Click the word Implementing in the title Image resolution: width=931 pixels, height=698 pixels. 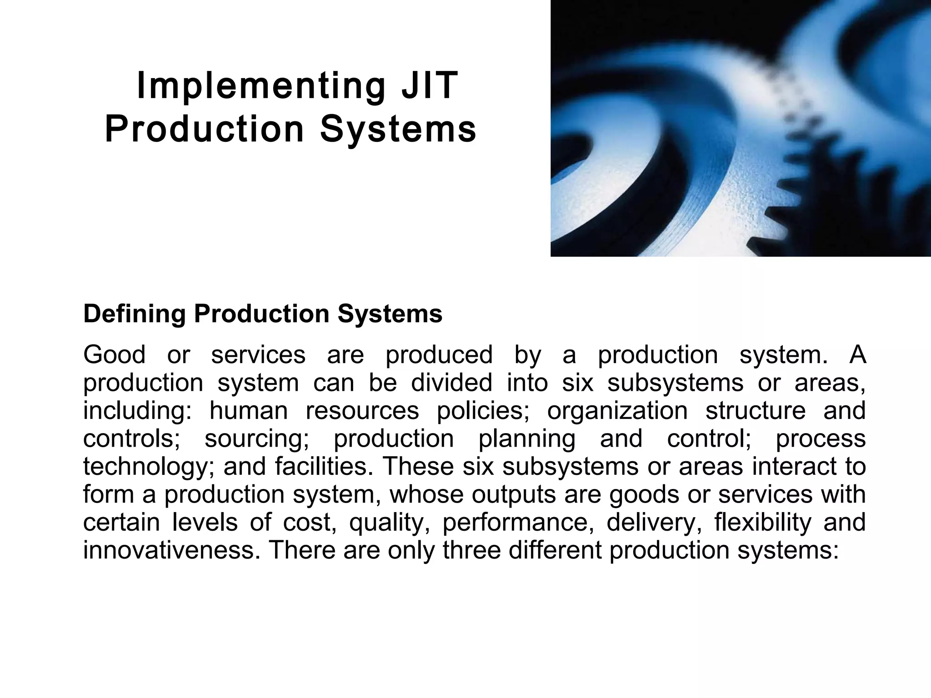click(x=261, y=86)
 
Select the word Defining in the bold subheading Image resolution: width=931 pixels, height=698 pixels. click(x=135, y=314)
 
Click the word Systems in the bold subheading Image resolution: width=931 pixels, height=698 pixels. click(x=390, y=314)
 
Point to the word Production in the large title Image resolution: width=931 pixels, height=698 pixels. click(x=204, y=129)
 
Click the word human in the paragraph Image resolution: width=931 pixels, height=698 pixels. click(x=248, y=411)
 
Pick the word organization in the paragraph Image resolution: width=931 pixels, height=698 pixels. click(x=617, y=411)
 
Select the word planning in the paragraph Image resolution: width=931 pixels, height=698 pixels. click(x=526, y=439)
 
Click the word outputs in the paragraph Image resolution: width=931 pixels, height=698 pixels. click(x=514, y=494)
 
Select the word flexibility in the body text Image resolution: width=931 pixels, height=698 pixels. click(x=762, y=523)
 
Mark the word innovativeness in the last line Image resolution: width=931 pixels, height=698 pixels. click(x=172, y=550)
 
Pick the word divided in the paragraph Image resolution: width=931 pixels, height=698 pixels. click(x=451, y=383)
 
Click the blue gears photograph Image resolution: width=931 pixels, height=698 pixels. click(x=741, y=128)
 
